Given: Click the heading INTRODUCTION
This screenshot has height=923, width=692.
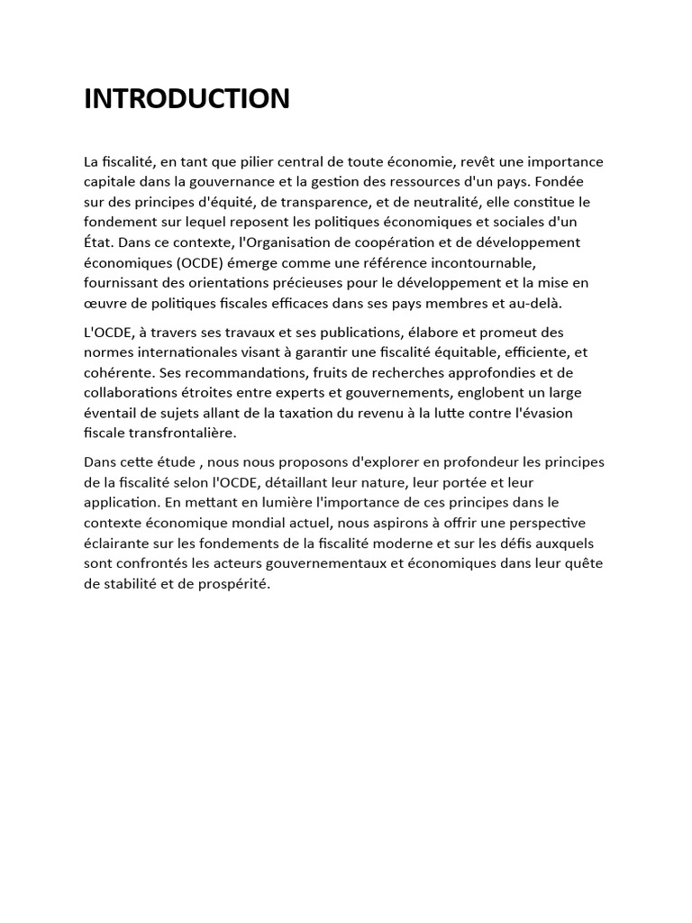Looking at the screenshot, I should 187,99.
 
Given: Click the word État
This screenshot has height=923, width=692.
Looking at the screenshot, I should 99,242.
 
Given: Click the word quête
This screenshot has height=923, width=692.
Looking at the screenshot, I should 584,563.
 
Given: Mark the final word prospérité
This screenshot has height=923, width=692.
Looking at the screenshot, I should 232,583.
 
